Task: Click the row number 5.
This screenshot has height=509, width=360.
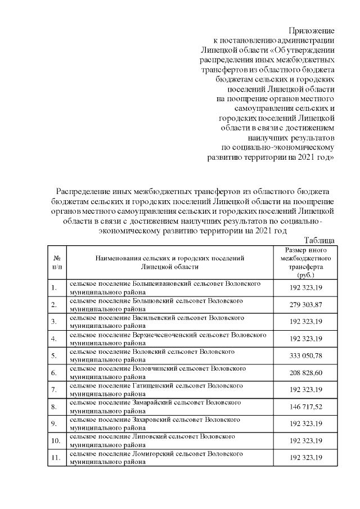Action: click(x=54, y=355)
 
